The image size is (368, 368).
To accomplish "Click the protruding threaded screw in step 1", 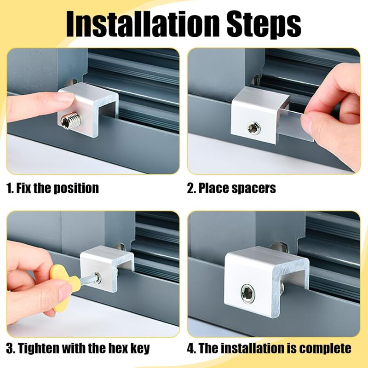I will tap(69, 122).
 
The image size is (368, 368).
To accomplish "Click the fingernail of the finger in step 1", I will tap(64, 98).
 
